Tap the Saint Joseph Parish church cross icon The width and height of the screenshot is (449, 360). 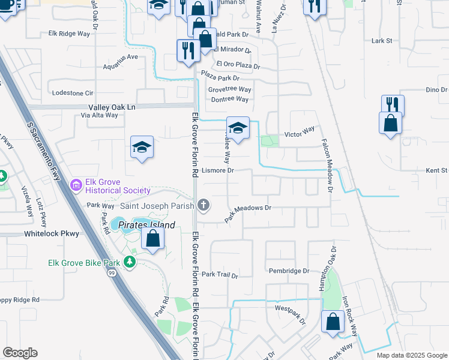(x=204, y=206)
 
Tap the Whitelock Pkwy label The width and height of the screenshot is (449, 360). (x=52, y=233)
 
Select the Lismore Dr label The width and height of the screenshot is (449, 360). (x=217, y=170)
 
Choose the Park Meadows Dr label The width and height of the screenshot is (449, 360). (x=249, y=214)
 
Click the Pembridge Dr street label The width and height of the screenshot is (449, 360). (x=289, y=271)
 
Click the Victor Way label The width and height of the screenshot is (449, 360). (x=300, y=131)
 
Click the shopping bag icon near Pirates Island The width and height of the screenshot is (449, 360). (x=153, y=239)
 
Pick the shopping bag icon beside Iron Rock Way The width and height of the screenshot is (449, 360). (x=333, y=322)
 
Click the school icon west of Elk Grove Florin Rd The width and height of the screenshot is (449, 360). (x=142, y=147)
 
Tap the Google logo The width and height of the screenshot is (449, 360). (x=20, y=353)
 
